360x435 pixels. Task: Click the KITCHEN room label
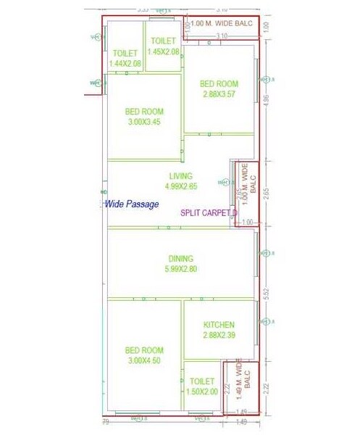218,326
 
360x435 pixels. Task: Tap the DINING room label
182,258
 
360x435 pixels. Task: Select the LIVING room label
181,176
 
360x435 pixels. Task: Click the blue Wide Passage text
132,204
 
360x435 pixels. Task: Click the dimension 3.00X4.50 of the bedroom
143,360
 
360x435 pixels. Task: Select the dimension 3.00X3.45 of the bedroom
143,123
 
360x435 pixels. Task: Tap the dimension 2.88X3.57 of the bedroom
219,95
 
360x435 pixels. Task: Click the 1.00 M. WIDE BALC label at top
222,24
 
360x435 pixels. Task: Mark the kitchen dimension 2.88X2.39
218,336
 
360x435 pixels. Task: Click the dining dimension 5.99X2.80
182,269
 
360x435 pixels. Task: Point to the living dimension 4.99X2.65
181,187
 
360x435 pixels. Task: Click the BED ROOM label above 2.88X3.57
219,84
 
